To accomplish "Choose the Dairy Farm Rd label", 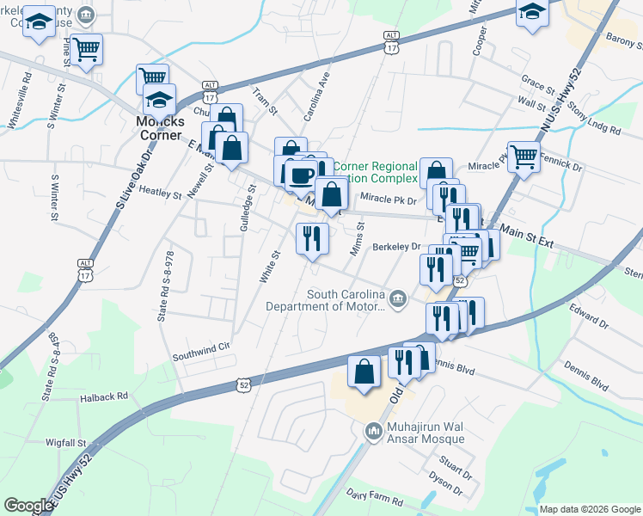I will [x=376, y=494].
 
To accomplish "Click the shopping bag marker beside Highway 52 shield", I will [x=364, y=372].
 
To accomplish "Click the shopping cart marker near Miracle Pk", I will [x=523, y=156].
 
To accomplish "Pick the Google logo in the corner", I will [x=28, y=506].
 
